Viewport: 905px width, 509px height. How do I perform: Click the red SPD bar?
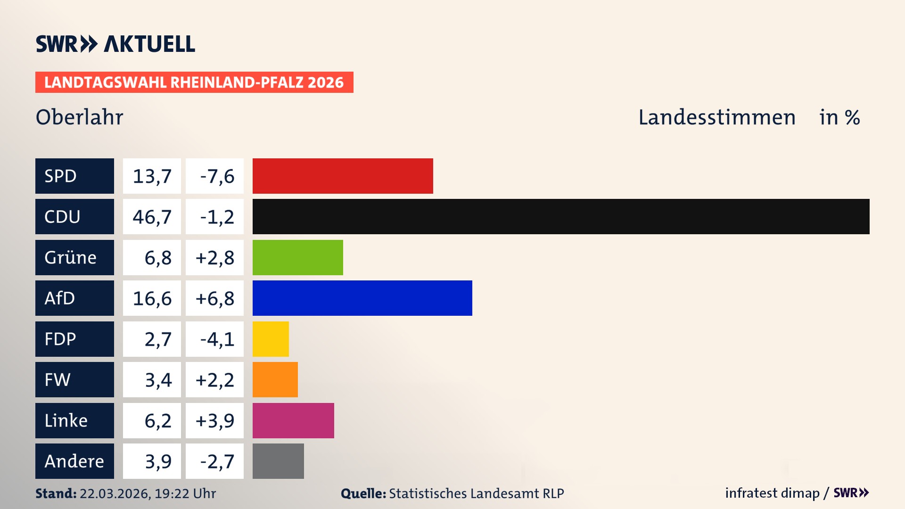click(343, 176)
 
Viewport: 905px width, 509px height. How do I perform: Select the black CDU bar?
click(561, 216)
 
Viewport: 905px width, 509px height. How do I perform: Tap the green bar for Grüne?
click(297, 257)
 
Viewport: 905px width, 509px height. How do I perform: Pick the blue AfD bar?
click(362, 298)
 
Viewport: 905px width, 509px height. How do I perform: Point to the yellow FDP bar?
click(271, 339)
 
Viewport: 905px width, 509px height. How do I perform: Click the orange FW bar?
click(275, 379)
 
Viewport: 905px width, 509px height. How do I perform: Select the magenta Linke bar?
click(293, 420)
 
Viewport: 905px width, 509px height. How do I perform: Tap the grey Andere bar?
click(278, 461)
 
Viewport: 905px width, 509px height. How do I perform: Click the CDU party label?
click(74, 216)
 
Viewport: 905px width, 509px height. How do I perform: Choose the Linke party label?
click(74, 420)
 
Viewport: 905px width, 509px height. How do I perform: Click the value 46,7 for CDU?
click(152, 217)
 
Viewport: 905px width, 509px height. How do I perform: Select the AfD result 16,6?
click(152, 298)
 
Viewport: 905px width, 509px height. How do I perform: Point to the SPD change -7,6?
click(215, 176)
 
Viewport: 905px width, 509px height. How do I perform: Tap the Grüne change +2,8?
click(215, 258)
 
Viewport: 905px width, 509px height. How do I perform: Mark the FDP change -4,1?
click(215, 339)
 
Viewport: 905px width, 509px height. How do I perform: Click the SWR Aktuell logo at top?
click(115, 44)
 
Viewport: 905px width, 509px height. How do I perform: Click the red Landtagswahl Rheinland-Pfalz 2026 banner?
click(194, 82)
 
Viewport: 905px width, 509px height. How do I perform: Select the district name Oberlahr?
click(79, 117)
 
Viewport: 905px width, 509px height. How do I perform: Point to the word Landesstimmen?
click(716, 117)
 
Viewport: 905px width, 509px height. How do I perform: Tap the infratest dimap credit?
click(772, 493)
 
